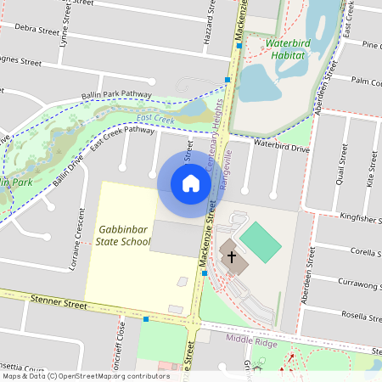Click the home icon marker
pyautogui.click(x=191, y=183)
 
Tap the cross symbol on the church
pyautogui.click(x=230, y=256)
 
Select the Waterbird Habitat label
pyautogui.click(x=291, y=48)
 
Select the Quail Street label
pyautogui.click(x=344, y=165)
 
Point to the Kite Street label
pyautogui.click(x=370, y=167)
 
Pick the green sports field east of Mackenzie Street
pyautogui.click(x=261, y=241)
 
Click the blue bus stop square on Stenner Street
pyautogui.click(x=147, y=319)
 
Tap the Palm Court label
pyautogui.click(x=367, y=82)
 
